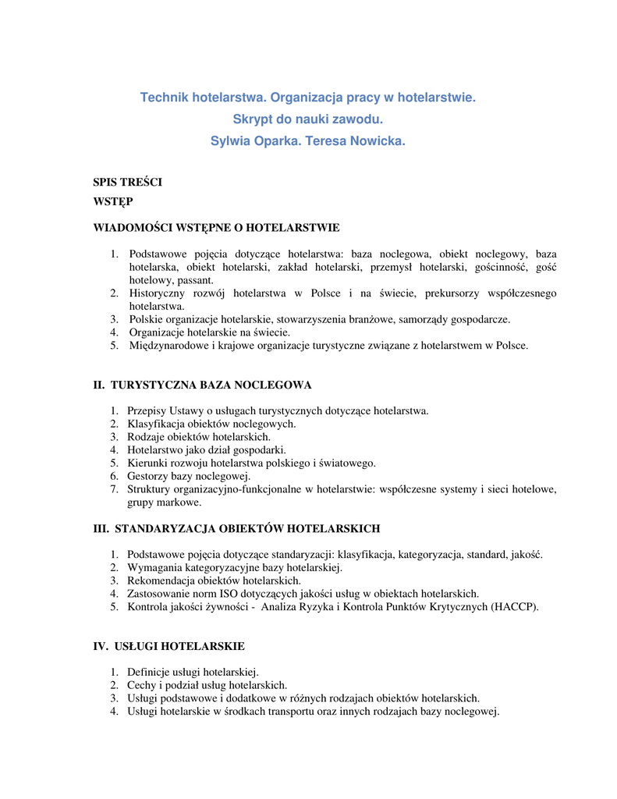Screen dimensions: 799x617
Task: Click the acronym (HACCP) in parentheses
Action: (515, 606)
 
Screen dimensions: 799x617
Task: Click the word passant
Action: (195, 280)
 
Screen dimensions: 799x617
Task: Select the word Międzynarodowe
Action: (168, 345)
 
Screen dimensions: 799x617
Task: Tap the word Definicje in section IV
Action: (148, 672)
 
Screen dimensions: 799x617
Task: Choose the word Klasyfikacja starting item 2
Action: (156, 424)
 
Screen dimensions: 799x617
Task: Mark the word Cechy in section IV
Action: (142, 685)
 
